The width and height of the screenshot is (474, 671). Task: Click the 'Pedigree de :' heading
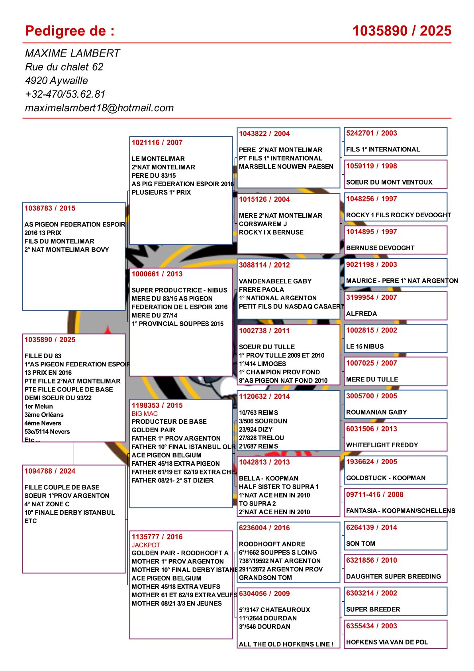point(70,31)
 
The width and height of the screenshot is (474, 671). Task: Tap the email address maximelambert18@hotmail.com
point(99,108)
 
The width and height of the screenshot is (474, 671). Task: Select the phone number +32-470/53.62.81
point(65,94)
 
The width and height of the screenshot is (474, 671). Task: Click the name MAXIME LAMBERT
point(72,53)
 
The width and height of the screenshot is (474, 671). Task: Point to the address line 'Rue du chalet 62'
point(64,67)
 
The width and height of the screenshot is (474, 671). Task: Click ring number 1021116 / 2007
point(157,142)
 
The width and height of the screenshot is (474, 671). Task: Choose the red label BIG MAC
point(145,413)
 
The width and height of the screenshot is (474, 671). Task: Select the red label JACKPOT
point(146,545)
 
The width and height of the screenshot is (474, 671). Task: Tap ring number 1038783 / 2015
point(50,208)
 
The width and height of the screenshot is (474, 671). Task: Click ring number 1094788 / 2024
point(50,471)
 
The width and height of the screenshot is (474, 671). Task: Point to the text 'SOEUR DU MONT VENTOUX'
point(389,182)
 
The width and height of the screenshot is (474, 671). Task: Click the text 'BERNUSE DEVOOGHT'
point(380,248)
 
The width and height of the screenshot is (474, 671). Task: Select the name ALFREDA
point(361,313)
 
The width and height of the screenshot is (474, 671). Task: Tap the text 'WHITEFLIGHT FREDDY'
point(382,445)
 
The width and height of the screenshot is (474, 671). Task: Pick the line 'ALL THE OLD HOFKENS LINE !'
point(286,644)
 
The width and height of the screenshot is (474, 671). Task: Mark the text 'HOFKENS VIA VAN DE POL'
point(387,642)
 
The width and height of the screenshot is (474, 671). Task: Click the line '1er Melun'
point(39,406)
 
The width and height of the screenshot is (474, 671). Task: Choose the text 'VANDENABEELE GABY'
point(275,281)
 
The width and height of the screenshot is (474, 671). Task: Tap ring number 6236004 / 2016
point(264,528)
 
